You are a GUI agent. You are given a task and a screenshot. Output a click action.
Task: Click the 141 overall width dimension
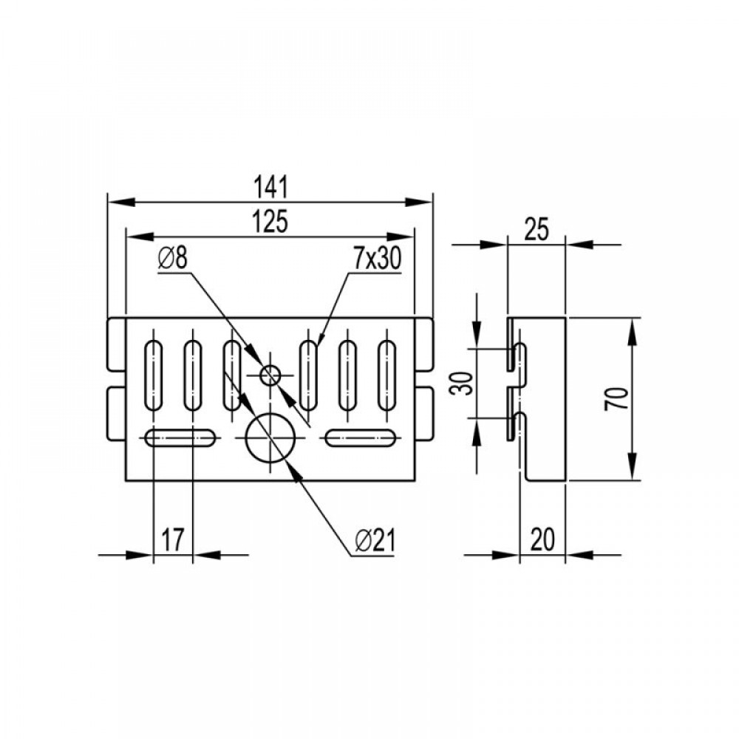270,187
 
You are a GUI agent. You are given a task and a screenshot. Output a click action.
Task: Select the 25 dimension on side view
537,230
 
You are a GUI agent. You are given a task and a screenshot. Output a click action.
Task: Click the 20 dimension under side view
542,539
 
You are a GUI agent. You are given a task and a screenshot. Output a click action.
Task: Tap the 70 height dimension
616,398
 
